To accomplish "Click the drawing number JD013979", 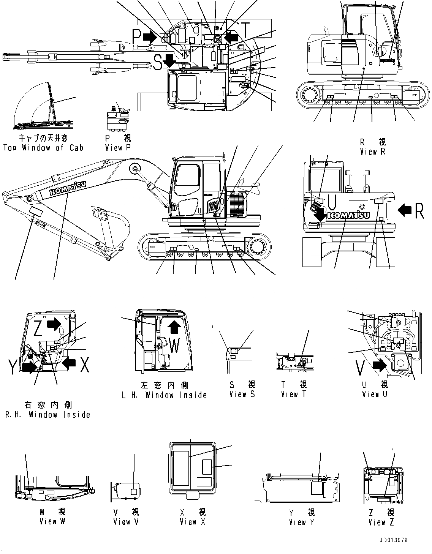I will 393,540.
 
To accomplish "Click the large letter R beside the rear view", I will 419,211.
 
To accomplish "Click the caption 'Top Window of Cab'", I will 43,148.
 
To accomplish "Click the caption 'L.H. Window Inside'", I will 164,395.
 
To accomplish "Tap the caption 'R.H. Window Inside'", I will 47,415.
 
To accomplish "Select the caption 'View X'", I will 193,522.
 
